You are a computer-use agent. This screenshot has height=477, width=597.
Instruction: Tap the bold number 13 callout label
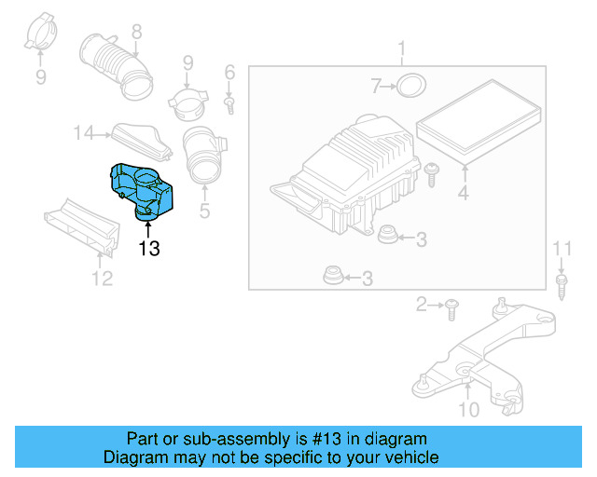click(x=149, y=248)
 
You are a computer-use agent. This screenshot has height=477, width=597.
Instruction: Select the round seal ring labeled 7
click(x=409, y=88)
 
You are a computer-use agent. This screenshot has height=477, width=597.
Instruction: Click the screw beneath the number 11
click(x=562, y=283)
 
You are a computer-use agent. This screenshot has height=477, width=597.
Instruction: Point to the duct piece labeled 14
click(x=140, y=139)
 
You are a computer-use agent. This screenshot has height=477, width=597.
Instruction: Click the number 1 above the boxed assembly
click(x=402, y=48)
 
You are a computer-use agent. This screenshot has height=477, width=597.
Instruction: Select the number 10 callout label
click(x=469, y=410)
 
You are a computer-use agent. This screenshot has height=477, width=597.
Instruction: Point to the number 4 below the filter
click(x=464, y=194)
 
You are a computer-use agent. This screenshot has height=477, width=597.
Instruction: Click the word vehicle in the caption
click(x=410, y=457)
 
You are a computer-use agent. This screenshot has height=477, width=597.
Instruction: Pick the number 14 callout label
click(x=84, y=134)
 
